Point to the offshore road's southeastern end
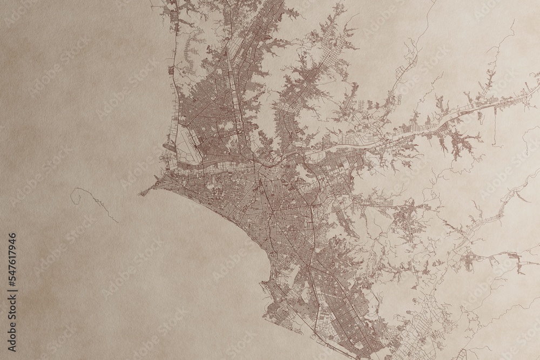pos(118,221)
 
